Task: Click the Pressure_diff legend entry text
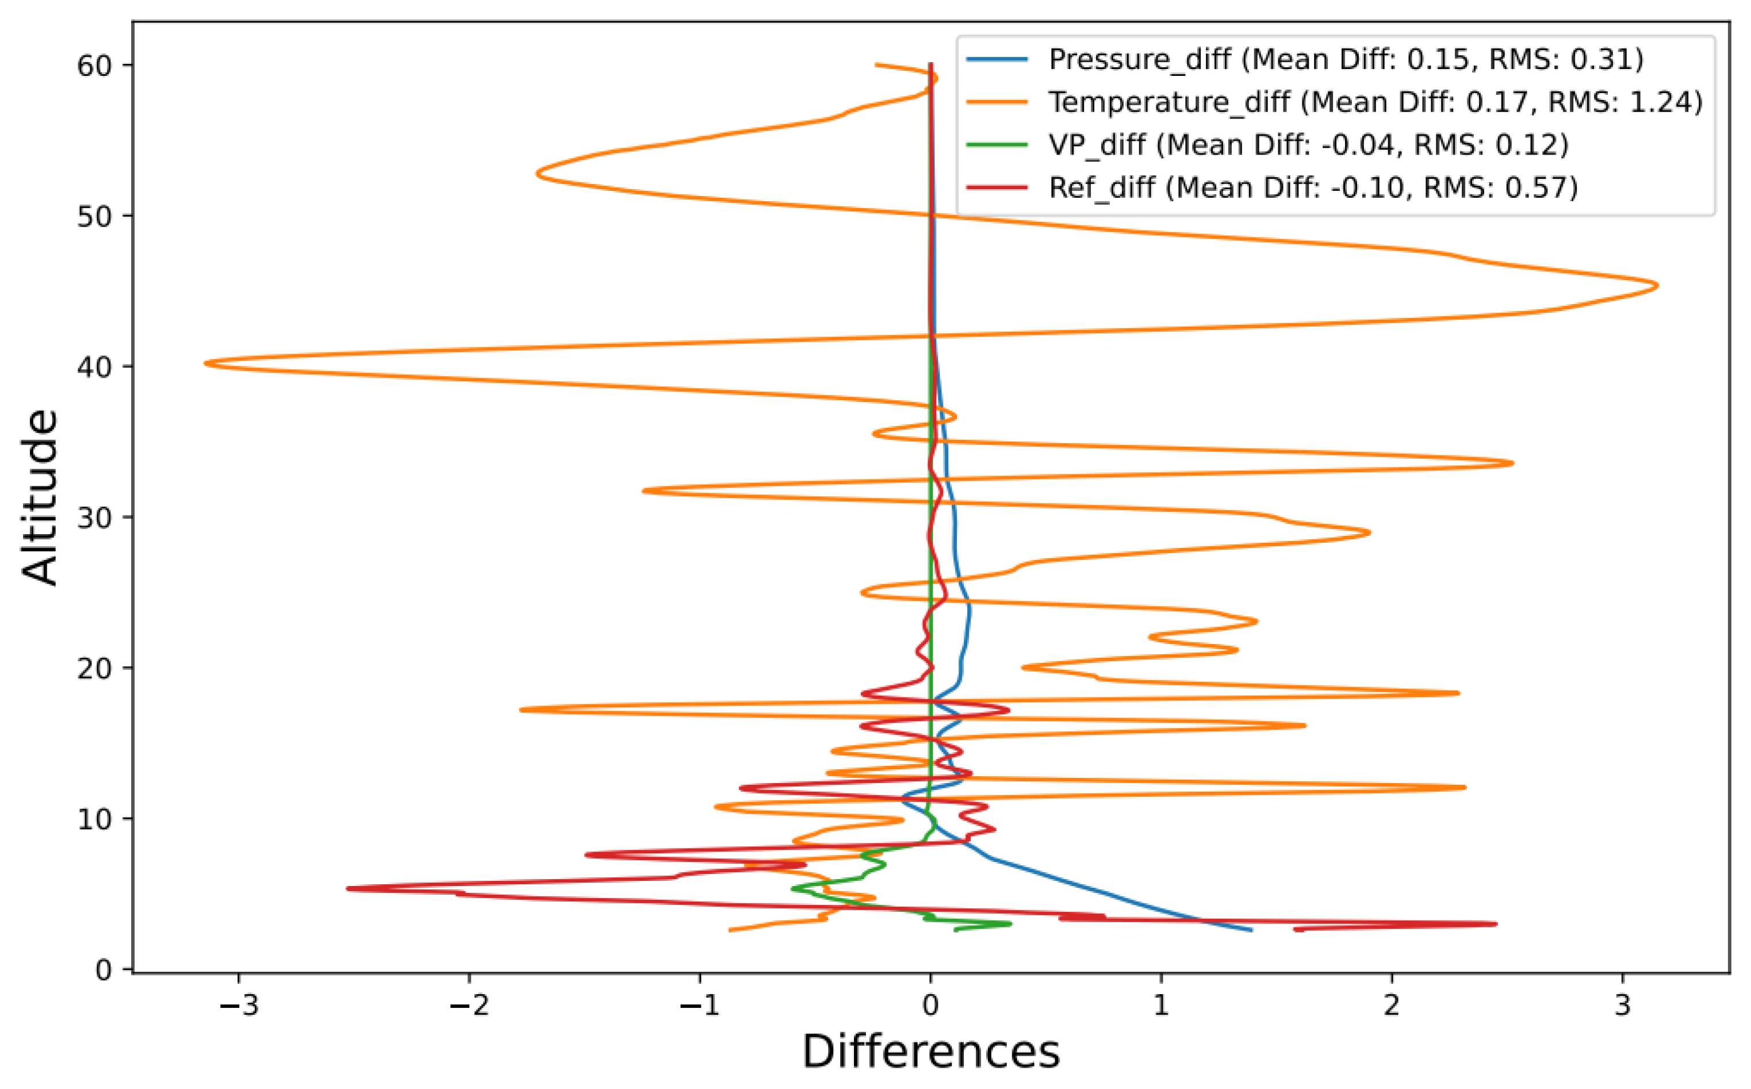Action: (x=1346, y=59)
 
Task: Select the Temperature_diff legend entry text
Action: (x=1375, y=102)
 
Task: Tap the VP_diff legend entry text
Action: (x=1308, y=145)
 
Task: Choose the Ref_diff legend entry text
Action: (x=1313, y=188)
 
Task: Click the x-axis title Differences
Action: (x=930, y=1052)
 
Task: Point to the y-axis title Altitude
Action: (x=40, y=497)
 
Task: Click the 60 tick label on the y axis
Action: (x=94, y=66)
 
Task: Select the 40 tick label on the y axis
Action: (x=94, y=367)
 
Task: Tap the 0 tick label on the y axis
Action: (x=105, y=969)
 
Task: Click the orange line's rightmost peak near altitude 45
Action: (x=1657, y=286)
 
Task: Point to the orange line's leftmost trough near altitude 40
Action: (x=206, y=363)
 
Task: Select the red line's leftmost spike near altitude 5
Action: (x=348, y=888)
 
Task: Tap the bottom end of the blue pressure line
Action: (x=1251, y=930)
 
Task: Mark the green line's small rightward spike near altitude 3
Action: (x=1010, y=923)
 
